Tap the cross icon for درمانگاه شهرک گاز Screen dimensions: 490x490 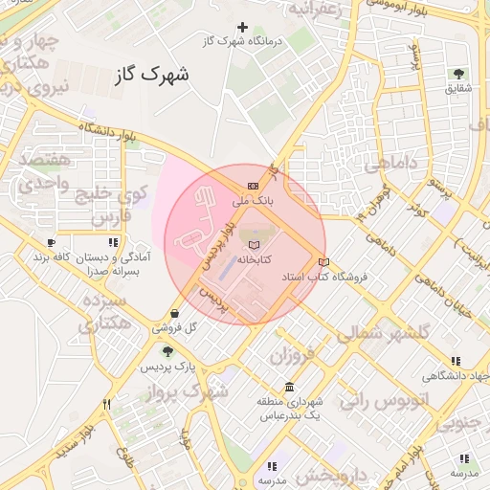243,27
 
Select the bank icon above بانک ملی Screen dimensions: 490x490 253,186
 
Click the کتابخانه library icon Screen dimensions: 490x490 253,245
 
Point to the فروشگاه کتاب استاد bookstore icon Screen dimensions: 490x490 323,261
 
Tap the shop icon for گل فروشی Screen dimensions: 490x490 173,313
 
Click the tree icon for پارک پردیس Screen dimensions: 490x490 168,352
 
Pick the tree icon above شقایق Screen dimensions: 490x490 458,73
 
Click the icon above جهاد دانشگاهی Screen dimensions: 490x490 457,361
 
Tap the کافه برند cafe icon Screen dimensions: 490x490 51,243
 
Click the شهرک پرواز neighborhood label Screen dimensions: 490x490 187,392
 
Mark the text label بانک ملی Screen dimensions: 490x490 254,202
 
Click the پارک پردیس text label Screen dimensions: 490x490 168,367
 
